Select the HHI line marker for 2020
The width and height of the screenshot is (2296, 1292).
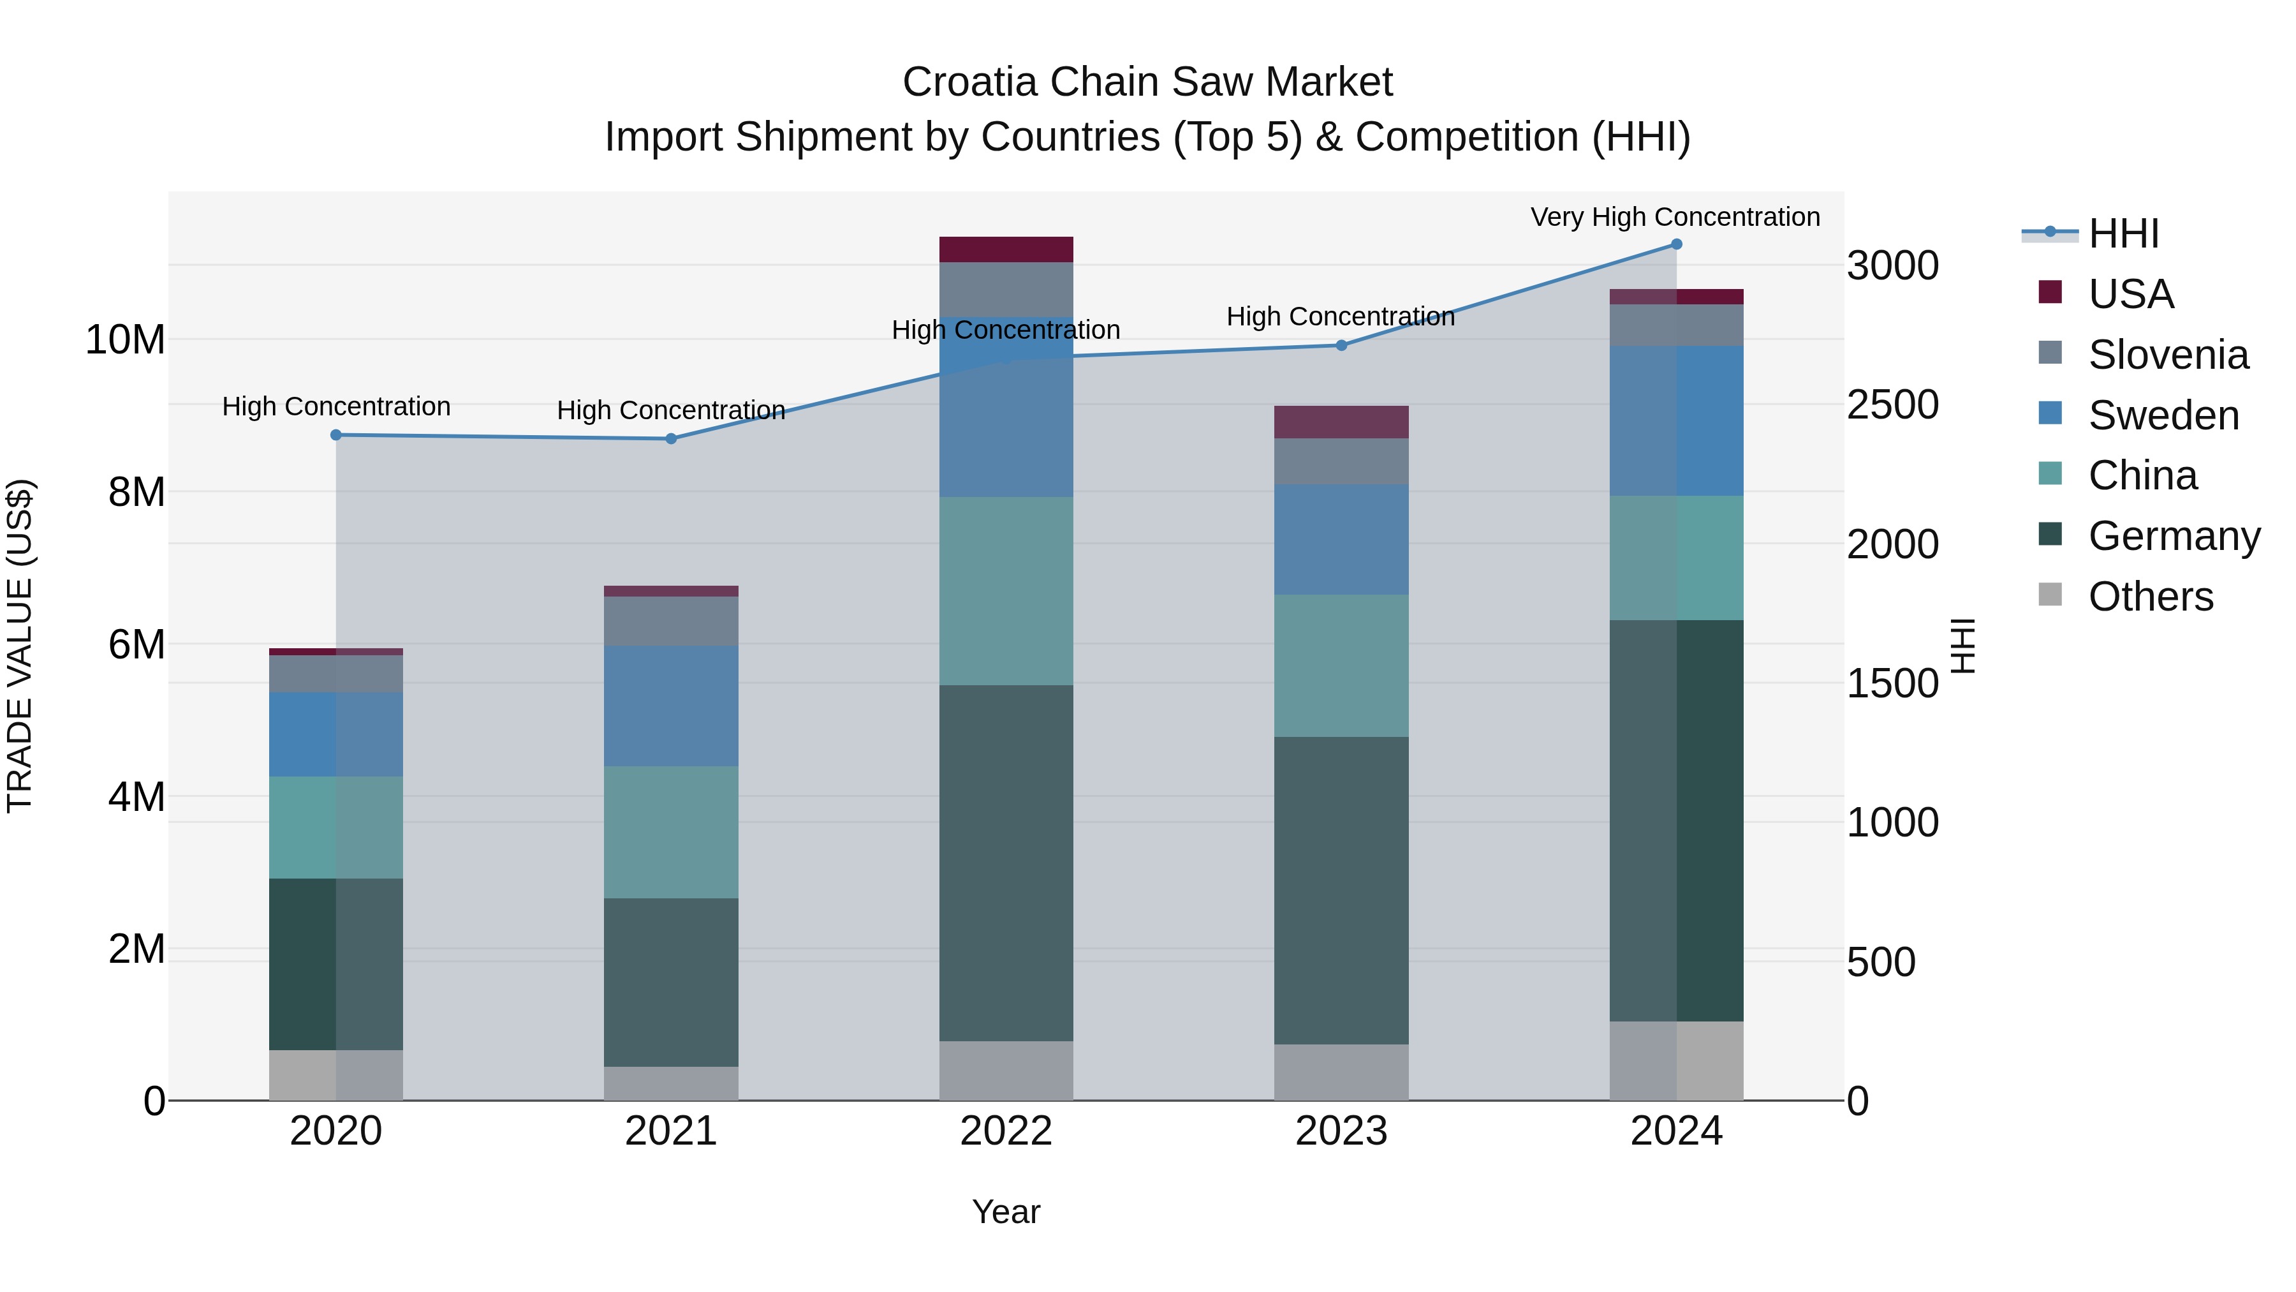336,435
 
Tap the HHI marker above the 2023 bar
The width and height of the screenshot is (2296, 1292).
1341,345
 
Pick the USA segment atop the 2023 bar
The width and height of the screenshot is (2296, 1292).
1341,422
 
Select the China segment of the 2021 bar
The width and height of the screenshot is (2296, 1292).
671,832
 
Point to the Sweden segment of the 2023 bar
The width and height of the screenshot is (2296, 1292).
1341,539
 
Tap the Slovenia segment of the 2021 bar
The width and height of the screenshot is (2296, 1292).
671,621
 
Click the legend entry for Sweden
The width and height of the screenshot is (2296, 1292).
2163,415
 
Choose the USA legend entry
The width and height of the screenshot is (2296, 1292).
2130,294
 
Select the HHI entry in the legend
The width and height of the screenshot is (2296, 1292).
2123,234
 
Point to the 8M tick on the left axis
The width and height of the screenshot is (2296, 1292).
136,492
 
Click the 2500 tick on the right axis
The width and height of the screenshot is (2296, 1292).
1892,405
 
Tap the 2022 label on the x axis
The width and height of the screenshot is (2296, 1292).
1006,1131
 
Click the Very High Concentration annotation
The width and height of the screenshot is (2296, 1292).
1675,217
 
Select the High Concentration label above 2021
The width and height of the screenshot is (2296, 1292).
671,410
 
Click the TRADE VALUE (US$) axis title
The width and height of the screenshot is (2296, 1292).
20,646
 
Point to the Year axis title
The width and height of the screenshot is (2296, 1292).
1006,1212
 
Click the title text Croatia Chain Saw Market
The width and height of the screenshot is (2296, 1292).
1147,82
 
